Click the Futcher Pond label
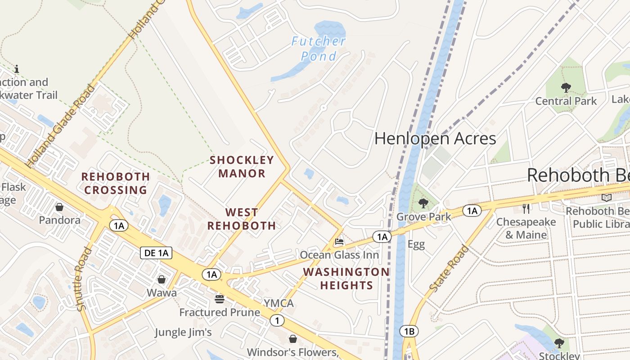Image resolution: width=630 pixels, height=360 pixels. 319,49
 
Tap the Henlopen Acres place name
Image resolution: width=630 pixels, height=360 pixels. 435,139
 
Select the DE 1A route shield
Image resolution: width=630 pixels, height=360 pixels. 157,253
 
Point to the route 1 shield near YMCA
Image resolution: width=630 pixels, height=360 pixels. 277,320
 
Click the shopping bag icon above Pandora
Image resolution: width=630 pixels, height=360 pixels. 59,207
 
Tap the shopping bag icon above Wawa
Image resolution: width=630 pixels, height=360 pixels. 162,279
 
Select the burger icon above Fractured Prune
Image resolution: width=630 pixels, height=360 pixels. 220,299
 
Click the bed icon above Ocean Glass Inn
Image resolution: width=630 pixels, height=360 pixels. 339,242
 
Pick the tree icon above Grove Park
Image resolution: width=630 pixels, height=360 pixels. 423,203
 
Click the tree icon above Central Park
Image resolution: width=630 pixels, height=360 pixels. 566,88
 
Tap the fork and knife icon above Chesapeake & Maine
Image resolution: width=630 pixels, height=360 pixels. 526,208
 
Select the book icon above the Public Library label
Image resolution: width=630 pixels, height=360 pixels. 607,198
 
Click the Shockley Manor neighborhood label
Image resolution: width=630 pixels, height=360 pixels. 242,166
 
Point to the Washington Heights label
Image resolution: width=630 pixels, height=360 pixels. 346,279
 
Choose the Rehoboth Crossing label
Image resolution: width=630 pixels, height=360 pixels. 116,183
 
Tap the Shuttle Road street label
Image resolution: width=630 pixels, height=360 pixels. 81,279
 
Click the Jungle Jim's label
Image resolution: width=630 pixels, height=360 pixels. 183,332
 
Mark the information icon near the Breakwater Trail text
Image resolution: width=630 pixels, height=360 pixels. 17,69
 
